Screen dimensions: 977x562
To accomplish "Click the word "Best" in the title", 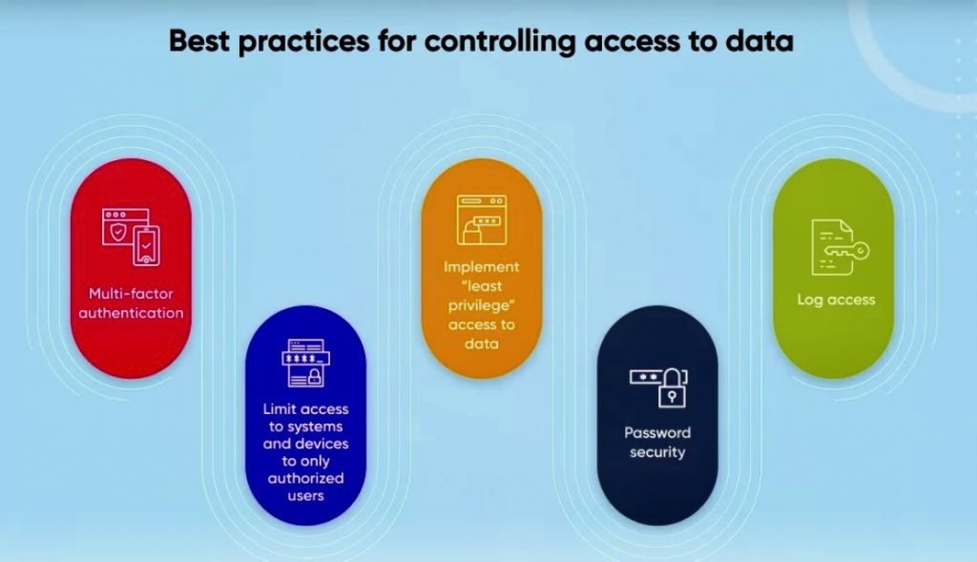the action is click(199, 41).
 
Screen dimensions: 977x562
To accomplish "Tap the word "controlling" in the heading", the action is click(500, 42).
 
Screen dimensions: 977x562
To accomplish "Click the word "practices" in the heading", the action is click(304, 42).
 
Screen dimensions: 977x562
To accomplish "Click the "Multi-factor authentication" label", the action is click(131, 303).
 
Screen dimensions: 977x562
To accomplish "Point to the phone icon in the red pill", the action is click(146, 245).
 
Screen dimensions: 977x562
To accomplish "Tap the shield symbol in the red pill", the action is click(117, 233).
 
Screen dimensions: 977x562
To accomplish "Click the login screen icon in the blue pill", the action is click(305, 364).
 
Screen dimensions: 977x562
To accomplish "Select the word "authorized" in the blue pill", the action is click(305, 478).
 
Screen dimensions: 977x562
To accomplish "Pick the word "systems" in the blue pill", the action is click(315, 427).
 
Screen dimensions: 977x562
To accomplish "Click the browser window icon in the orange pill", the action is click(482, 219).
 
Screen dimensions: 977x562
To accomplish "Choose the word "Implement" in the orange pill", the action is click(481, 267).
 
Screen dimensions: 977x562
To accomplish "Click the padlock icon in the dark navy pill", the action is click(672, 388).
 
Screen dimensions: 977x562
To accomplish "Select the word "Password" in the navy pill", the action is click(657, 432).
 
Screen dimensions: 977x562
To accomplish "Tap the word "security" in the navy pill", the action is click(657, 451).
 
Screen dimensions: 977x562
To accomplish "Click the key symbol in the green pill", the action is click(846, 251).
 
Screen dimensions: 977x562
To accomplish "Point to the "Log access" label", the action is click(836, 300).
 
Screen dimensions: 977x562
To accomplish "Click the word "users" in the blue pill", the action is click(305, 496).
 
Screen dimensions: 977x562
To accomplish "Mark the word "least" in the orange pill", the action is click(481, 286).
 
